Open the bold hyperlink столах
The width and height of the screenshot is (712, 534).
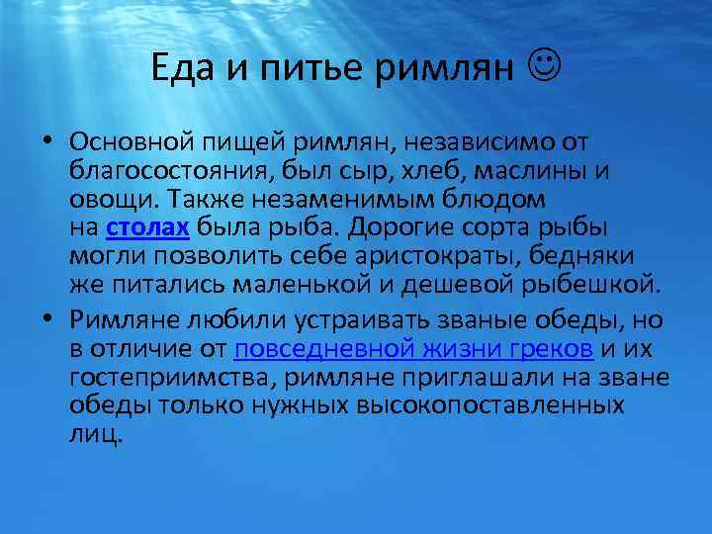[146, 228]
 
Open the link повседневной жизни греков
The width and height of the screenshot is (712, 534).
[414, 349]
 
